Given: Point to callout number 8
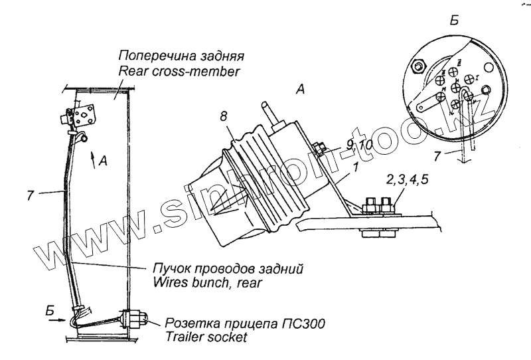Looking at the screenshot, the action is pos(223,116).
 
